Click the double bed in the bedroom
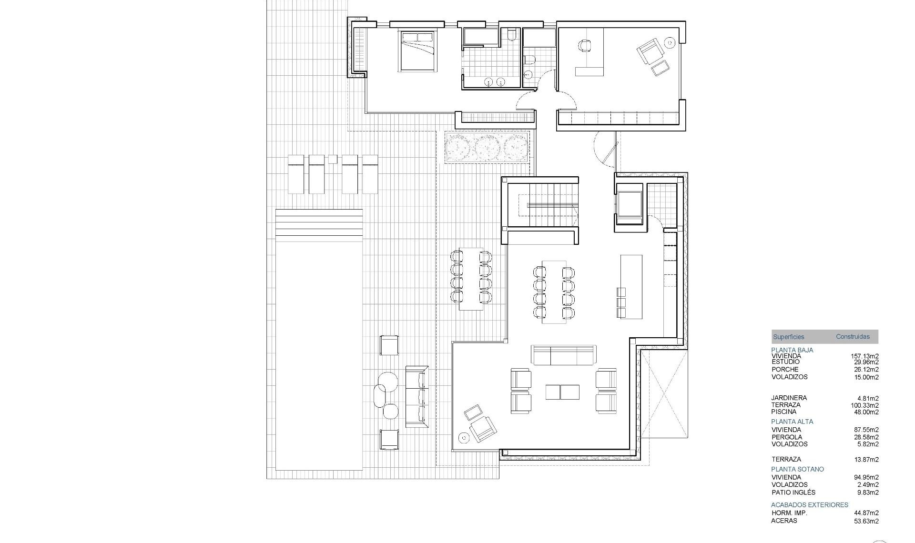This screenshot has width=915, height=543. click(x=418, y=51)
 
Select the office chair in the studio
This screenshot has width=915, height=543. click(x=584, y=46)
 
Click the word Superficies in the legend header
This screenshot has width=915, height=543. click(x=788, y=337)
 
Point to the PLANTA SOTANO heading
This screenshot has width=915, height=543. click(x=797, y=469)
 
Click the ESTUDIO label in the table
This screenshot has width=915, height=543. click(x=785, y=362)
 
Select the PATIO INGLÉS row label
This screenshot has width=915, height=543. click(x=793, y=493)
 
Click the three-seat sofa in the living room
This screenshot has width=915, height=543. click(x=563, y=355)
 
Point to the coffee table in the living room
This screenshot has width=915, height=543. click(x=562, y=392)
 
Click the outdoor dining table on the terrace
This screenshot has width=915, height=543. click(x=471, y=280)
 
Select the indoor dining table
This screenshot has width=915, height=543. click(x=554, y=292)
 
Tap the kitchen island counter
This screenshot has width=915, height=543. click(x=631, y=286)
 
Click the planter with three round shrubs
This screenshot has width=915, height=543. click(x=487, y=147)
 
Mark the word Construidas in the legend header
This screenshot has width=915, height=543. click(x=853, y=337)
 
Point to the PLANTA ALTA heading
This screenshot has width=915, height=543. click(x=792, y=422)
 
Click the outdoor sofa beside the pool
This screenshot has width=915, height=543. click(x=417, y=396)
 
